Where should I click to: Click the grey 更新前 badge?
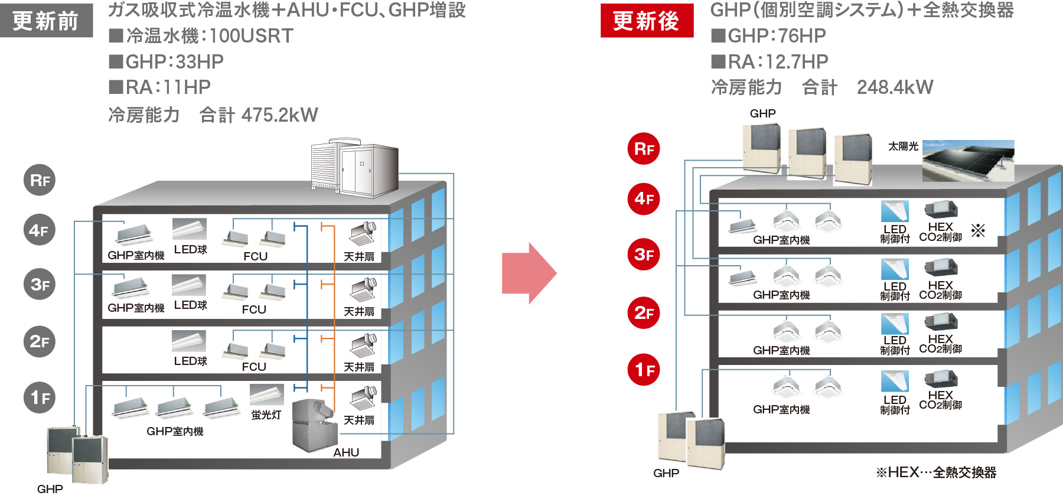tap(46, 21)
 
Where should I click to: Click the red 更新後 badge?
tap(647, 21)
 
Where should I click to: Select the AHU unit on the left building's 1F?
tap(314, 425)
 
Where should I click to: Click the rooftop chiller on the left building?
tap(354, 168)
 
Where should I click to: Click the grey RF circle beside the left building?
tap(40, 180)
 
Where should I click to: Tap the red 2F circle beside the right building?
tap(643, 312)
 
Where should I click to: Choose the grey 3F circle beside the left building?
tap(40, 284)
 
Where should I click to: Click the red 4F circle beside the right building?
tap(643, 198)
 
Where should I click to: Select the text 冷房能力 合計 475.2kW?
tap(213, 115)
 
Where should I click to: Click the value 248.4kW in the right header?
tap(895, 87)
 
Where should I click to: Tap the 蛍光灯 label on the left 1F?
tap(266, 415)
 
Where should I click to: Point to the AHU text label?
tap(346, 452)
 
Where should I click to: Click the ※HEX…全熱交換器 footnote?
tap(936, 472)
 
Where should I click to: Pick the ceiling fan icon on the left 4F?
tap(363, 234)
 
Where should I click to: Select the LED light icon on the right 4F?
tap(894, 211)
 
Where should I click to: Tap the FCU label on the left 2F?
tap(254, 367)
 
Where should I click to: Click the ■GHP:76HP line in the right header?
tap(769, 36)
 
